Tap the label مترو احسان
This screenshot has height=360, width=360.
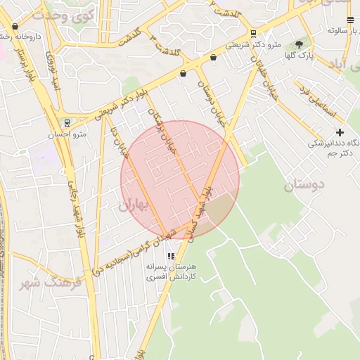coord(71,134)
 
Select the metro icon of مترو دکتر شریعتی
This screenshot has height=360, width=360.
coord(253,33)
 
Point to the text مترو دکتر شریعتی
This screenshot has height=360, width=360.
coord(253,45)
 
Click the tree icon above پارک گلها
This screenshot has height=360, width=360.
coord(299,44)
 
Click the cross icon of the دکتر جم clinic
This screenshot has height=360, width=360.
coord(340,131)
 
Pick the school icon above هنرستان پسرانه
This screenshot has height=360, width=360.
coord(171,256)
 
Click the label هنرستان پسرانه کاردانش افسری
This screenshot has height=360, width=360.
coord(172,273)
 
